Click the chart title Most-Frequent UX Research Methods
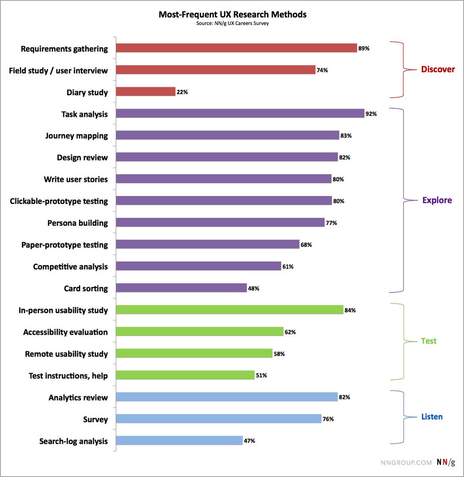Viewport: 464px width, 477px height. (x=232, y=15)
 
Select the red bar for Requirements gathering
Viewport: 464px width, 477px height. (x=236, y=48)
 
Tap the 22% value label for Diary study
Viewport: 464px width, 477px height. (x=182, y=92)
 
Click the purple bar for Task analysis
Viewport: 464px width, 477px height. (x=240, y=114)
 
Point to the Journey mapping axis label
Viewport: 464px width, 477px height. (x=76, y=136)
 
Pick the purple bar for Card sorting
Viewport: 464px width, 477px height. (x=181, y=288)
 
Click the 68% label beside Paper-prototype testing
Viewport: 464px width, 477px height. (x=306, y=245)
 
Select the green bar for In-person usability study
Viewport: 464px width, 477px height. (x=229, y=310)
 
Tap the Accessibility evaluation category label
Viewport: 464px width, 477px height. (x=66, y=332)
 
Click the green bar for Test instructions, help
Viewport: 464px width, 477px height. (x=185, y=375)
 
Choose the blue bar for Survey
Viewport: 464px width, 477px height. (x=218, y=419)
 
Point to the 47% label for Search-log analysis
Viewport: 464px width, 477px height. (x=249, y=441)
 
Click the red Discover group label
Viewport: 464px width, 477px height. (x=438, y=70)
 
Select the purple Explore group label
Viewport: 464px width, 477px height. (x=437, y=200)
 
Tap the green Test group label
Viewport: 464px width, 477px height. (x=429, y=341)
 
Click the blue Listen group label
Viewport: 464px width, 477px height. (x=432, y=417)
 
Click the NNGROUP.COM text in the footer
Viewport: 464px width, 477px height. (x=406, y=463)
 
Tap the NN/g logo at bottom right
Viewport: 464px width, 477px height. (x=446, y=462)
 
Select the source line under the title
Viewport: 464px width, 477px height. (x=232, y=23)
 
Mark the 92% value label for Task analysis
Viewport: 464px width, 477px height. (x=371, y=114)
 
